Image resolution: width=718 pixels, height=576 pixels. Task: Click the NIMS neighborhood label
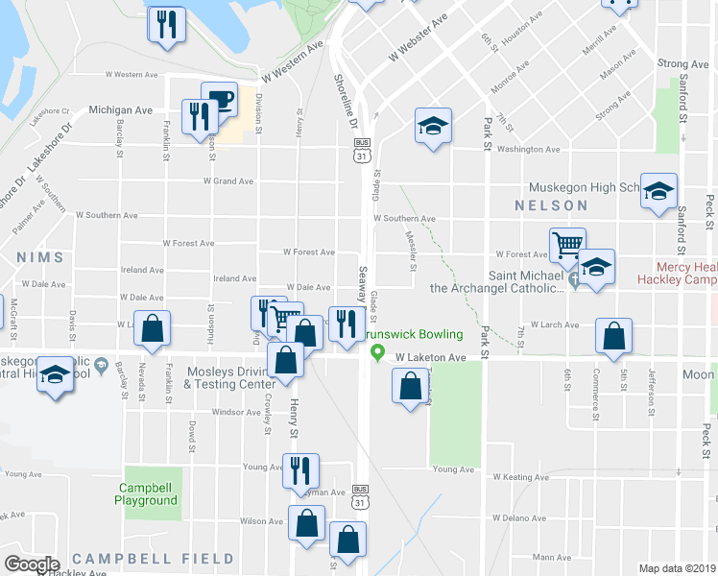tap(39, 257)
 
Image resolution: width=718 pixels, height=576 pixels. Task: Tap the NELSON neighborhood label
tap(551, 205)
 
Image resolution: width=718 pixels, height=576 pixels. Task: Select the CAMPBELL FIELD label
tap(153, 559)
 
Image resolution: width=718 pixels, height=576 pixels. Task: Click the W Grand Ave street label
tap(228, 180)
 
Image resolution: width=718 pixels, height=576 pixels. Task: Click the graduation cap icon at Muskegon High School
tap(658, 190)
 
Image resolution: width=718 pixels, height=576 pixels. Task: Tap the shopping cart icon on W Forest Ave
tap(567, 244)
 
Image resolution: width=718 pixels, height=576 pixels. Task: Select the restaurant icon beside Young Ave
tap(299, 469)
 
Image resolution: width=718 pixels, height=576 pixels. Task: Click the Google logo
tap(32, 564)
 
